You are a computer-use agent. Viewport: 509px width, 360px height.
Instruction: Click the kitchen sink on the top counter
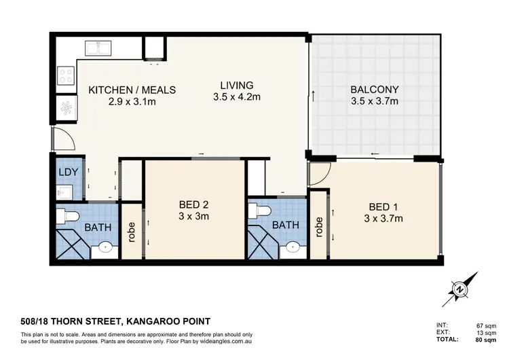pyautogui.click(x=98, y=49)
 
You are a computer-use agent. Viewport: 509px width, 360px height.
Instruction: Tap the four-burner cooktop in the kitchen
pyautogui.click(x=66, y=75)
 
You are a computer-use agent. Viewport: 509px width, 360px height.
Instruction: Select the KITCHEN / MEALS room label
pyautogui.click(x=133, y=90)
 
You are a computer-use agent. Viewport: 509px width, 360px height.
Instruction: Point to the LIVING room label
pyautogui.click(x=236, y=86)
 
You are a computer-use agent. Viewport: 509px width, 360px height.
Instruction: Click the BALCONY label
pyautogui.click(x=374, y=90)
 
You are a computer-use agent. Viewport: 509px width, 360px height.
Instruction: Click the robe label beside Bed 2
pyautogui.click(x=132, y=233)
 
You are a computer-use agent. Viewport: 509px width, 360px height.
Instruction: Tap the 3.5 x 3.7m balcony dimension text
pyautogui.click(x=374, y=102)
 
